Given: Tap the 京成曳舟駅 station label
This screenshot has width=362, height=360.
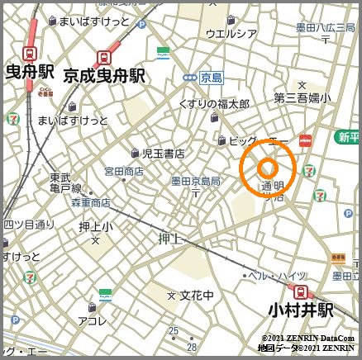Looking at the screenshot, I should pyautogui.click(x=103, y=76).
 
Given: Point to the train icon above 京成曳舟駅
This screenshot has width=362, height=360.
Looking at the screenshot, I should pyautogui.click(x=104, y=58).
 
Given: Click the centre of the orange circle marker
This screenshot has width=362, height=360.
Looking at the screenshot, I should pyautogui.click(x=267, y=168).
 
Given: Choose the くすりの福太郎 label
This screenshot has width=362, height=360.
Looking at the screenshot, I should pyautogui.click(x=213, y=104).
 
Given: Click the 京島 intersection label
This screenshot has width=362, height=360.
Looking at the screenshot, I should pyautogui.click(x=212, y=78).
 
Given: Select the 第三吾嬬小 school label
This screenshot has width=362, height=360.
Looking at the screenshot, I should pyautogui.click(x=302, y=97).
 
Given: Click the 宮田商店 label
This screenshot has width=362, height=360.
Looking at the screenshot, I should pyautogui.click(x=123, y=171).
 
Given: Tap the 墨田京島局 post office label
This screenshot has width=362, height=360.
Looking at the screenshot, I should pyautogui.click(x=195, y=181).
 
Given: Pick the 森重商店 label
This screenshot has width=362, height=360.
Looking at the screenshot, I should pyautogui.click(x=91, y=202).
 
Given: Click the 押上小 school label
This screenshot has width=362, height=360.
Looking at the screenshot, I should pyautogui.click(x=96, y=225).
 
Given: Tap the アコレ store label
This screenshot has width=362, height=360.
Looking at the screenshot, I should pyautogui.click(x=91, y=320).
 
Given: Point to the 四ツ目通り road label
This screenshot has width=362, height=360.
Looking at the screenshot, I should pyautogui.click(x=27, y=224).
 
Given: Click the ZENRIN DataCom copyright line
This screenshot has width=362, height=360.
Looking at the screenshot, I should pyautogui.click(x=307, y=339).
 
